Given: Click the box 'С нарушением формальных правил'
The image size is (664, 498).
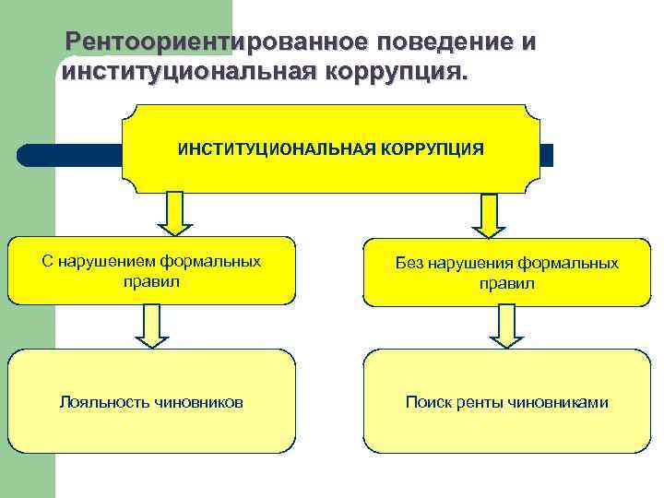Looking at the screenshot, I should [x=152, y=270].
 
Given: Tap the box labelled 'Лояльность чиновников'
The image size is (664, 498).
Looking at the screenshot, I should [x=152, y=401].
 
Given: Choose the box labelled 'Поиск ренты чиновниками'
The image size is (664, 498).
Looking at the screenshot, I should [x=506, y=401].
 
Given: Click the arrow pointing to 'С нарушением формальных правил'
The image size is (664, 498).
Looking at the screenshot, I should [x=174, y=213].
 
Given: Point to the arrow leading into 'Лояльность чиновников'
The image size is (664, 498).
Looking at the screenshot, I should [x=153, y=326].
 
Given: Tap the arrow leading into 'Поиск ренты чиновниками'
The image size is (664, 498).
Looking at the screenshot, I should [x=506, y=326].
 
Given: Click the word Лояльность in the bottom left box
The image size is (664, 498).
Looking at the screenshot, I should [x=101, y=402].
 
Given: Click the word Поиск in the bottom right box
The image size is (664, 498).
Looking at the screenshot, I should [x=426, y=402].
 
